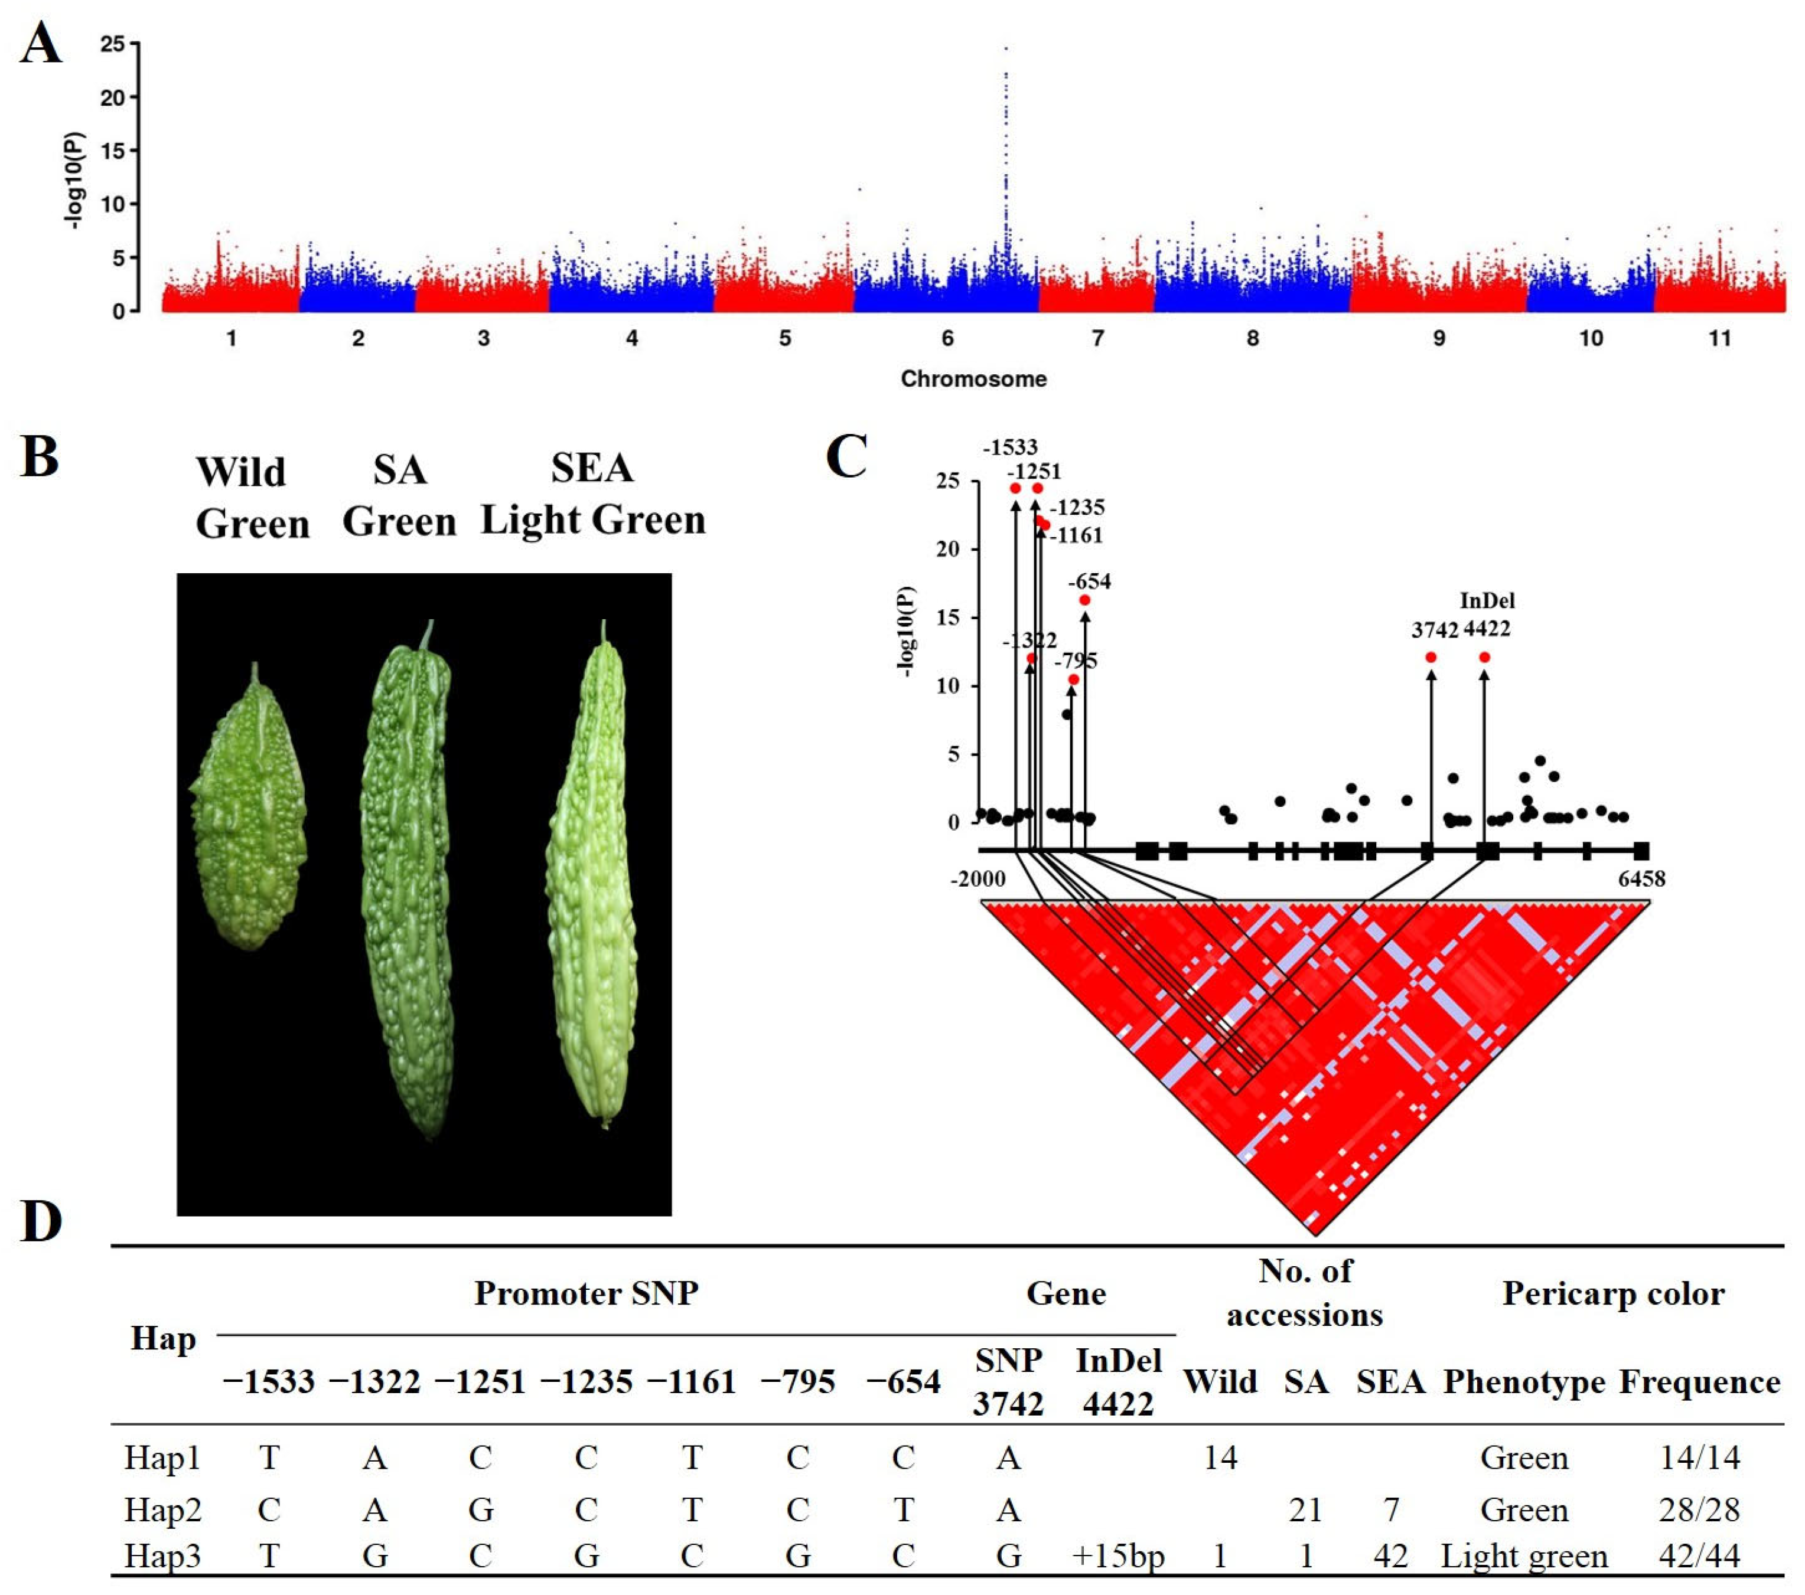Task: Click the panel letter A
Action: pos(41,44)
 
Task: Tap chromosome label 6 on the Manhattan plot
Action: pos(947,338)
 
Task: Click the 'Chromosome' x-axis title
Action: pos(973,378)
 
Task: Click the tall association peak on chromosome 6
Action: pos(1006,132)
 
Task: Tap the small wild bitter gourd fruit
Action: pos(249,812)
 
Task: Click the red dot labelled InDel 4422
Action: pos(1484,658)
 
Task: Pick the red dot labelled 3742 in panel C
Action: pos(1431,658)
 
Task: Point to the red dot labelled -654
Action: pos(1084,600)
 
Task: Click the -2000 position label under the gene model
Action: pos(978,879)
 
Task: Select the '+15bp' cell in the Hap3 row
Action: pos(1118,1555)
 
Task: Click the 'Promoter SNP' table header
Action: pos(587,1293)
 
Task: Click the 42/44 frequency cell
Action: pos(1699,1555)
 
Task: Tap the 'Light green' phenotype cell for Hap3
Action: pos(1524,1555)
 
